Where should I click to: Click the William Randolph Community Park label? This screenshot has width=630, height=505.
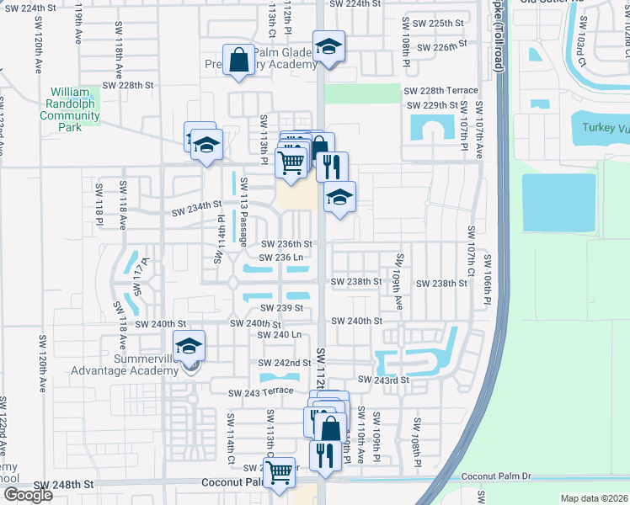tap(75, 109)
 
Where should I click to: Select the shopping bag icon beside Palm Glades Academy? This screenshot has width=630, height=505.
tap(239, 60)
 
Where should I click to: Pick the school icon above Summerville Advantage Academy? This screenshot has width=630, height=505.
tap(189, 345)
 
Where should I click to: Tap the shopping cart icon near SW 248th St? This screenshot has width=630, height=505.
tap(279, 472)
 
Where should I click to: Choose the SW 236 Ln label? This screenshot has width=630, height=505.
tap(281, 258)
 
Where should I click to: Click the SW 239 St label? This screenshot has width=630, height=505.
tap(281, 308)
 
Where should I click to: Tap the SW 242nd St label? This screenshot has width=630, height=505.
tap(286, 363)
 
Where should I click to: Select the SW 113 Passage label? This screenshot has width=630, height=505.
tap(244, 207)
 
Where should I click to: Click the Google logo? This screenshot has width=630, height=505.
tap(27, 495)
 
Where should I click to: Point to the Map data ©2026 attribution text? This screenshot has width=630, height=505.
tap(594, 498)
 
